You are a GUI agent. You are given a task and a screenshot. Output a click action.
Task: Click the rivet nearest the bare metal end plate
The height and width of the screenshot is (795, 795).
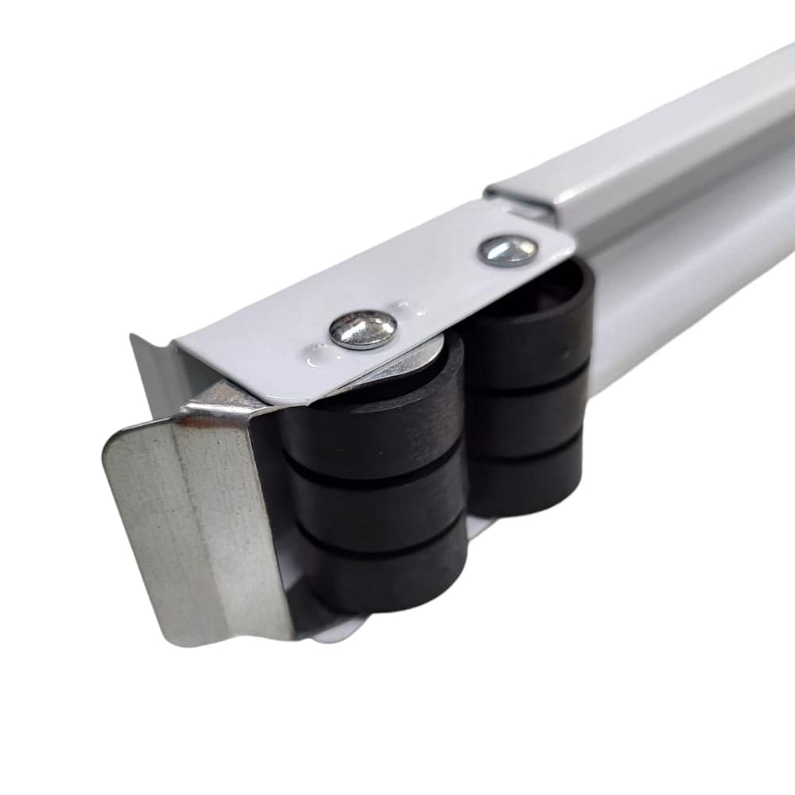(x=363, y=329)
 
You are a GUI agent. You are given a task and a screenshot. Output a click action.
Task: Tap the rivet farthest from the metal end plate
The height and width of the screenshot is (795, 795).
(x=507, y=250)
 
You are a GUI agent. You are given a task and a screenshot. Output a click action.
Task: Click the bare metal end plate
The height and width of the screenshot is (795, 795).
(x=191, y=525)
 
